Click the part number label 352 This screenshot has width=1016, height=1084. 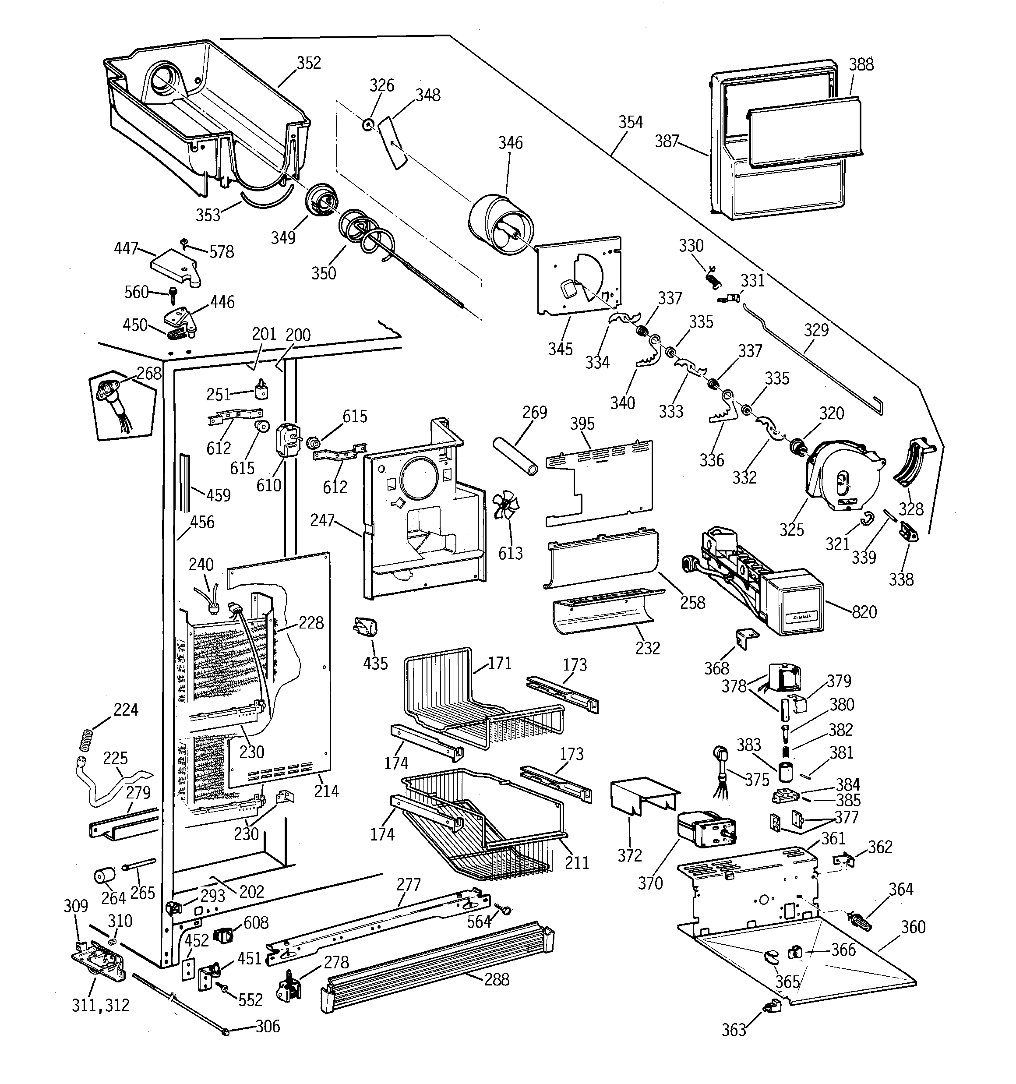click(309, 63)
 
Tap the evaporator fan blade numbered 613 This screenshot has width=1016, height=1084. click(505, 507)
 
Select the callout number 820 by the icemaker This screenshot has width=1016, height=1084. click(864, 612)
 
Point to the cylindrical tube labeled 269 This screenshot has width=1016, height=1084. click(515, 455)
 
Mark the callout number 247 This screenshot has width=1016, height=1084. click(322, 521)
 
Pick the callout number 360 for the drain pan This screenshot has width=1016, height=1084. click(913, 927)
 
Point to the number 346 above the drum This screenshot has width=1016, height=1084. click(510, 143)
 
